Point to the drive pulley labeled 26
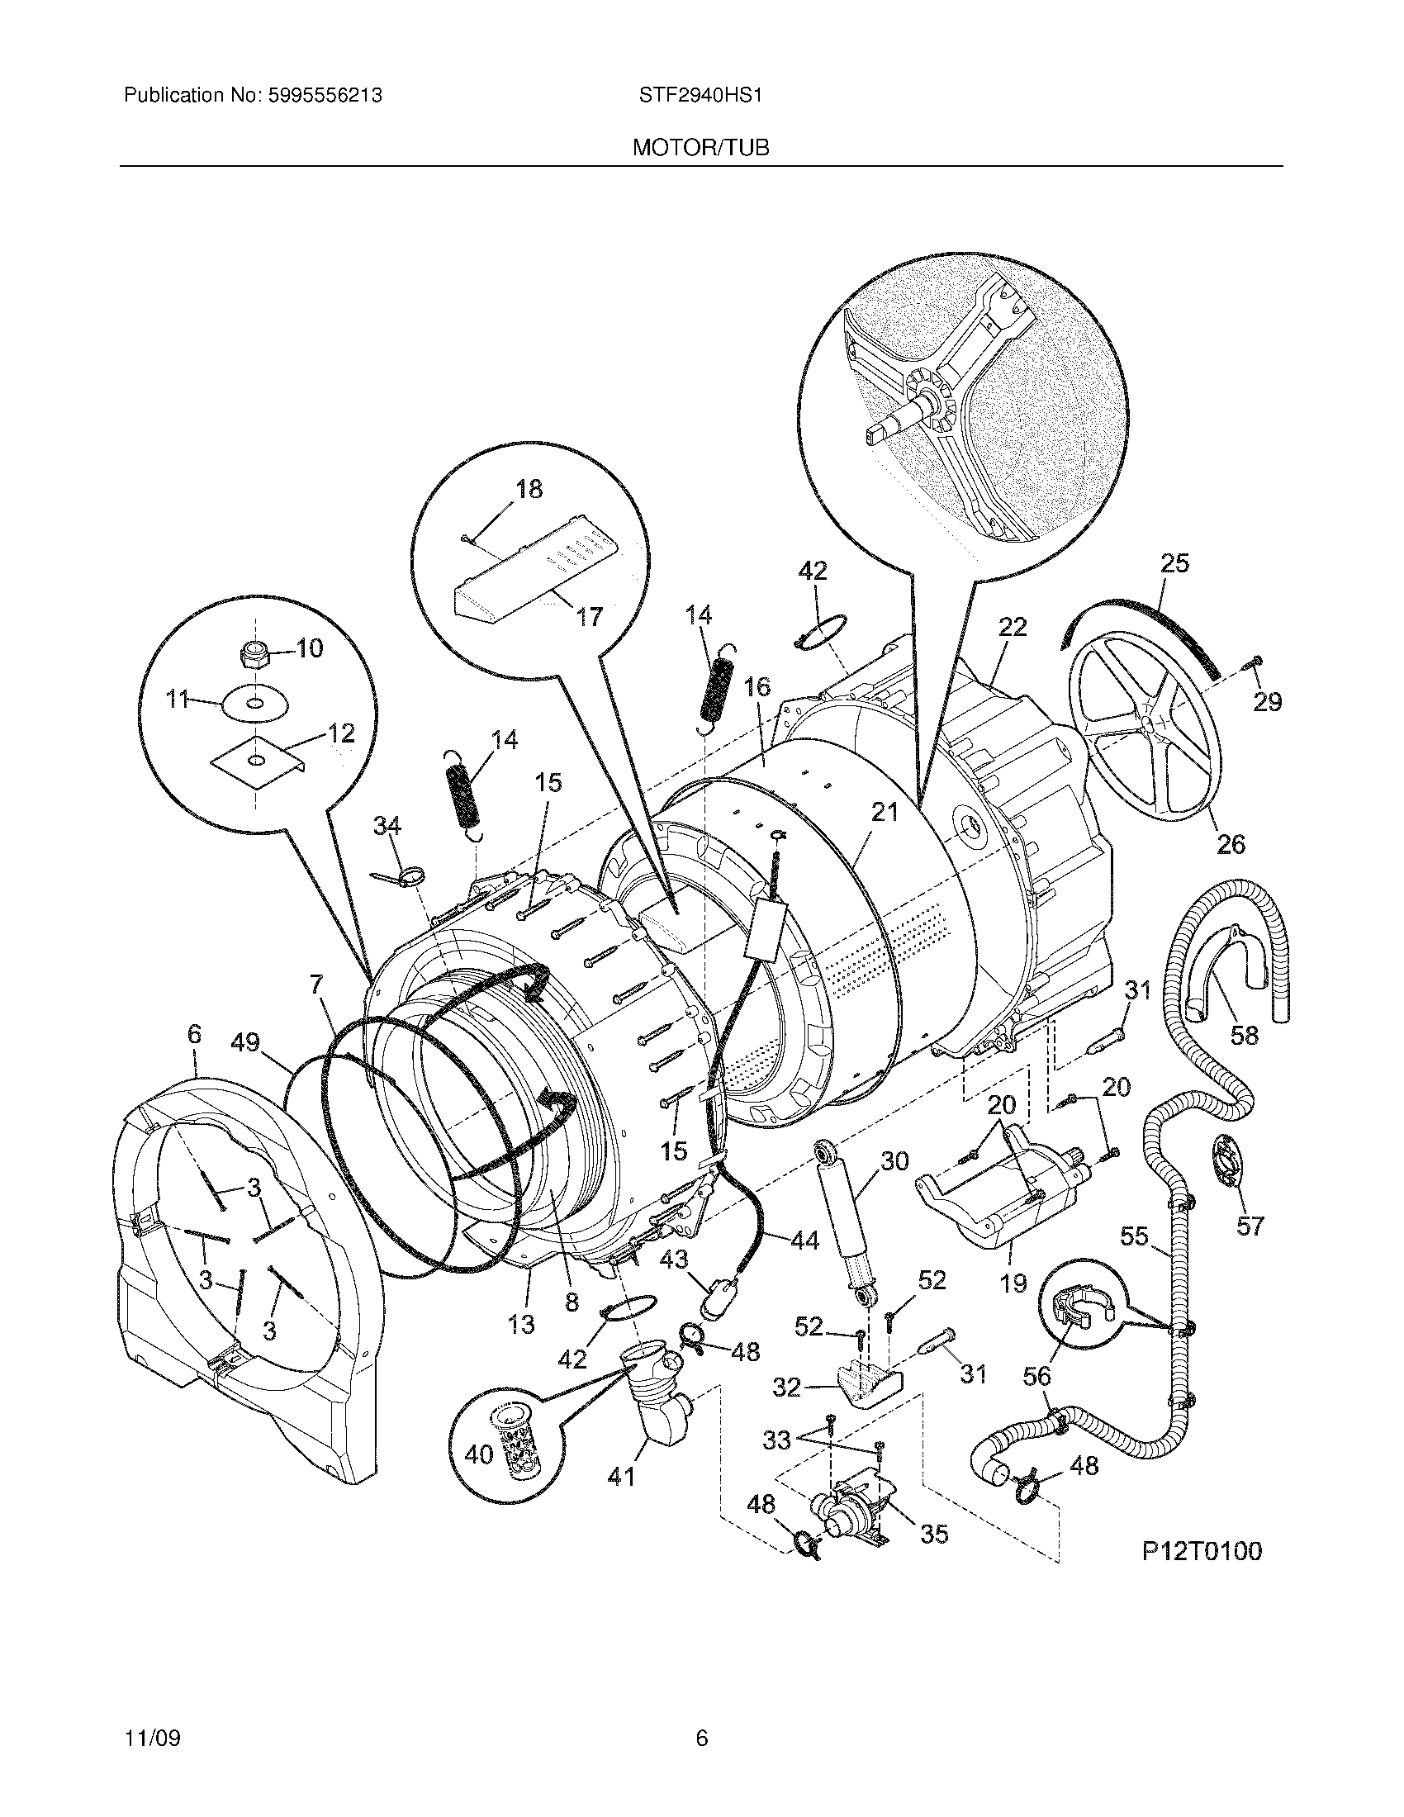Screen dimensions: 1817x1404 click(1145, 725)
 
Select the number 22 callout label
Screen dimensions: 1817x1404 click(1013, 628)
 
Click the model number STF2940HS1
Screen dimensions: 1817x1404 click(700, 96)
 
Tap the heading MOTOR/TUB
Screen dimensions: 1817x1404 click(700, 148)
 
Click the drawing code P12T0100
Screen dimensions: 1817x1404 click(1200, 1551)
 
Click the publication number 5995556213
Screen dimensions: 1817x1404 click(325, 96)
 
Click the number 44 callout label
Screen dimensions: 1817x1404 click(804, 1264)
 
